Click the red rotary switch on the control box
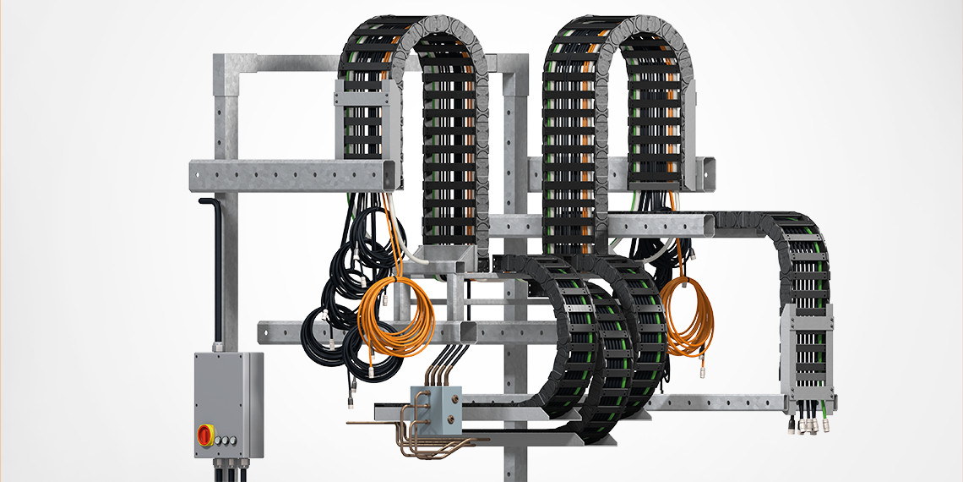(206, 435)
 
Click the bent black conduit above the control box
(209, 254)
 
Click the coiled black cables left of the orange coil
(342, 288)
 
